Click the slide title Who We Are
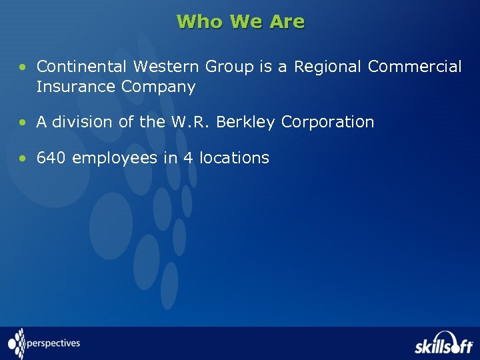241,22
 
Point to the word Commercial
415,67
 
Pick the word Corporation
327,123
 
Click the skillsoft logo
443,343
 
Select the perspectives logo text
53,344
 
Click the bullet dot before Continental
24,67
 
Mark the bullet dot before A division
24,123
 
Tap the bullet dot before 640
24,159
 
